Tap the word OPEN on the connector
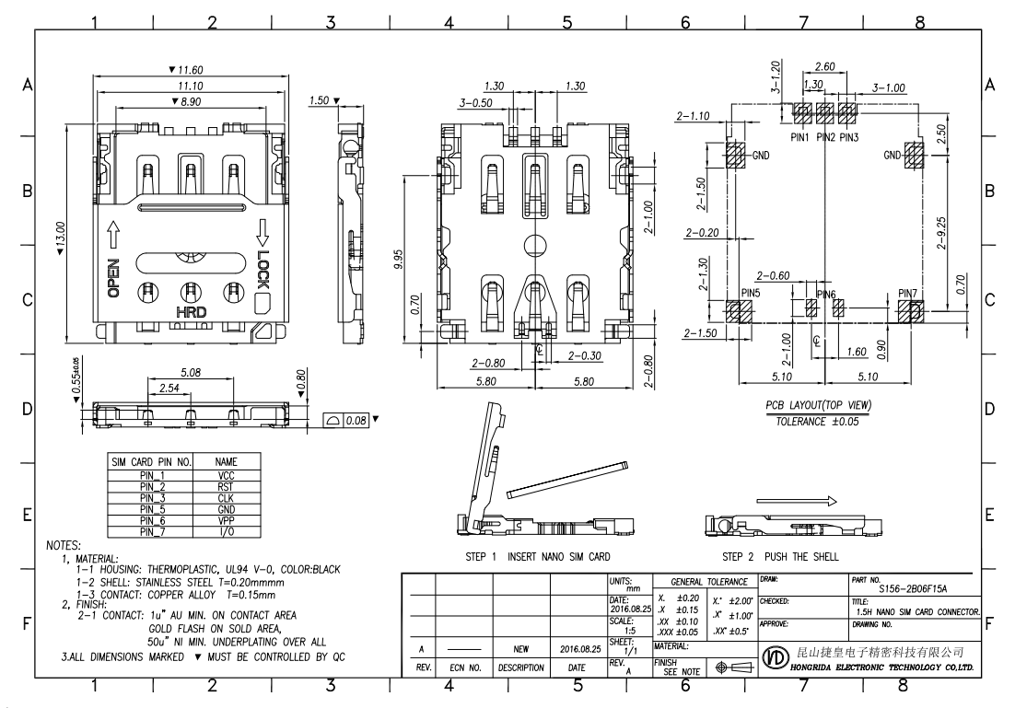coord(113,277)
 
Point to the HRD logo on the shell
coord(191,313)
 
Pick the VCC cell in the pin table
coord(227,472)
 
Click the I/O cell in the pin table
coord(227,532)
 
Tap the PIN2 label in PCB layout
coord(825,137)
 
